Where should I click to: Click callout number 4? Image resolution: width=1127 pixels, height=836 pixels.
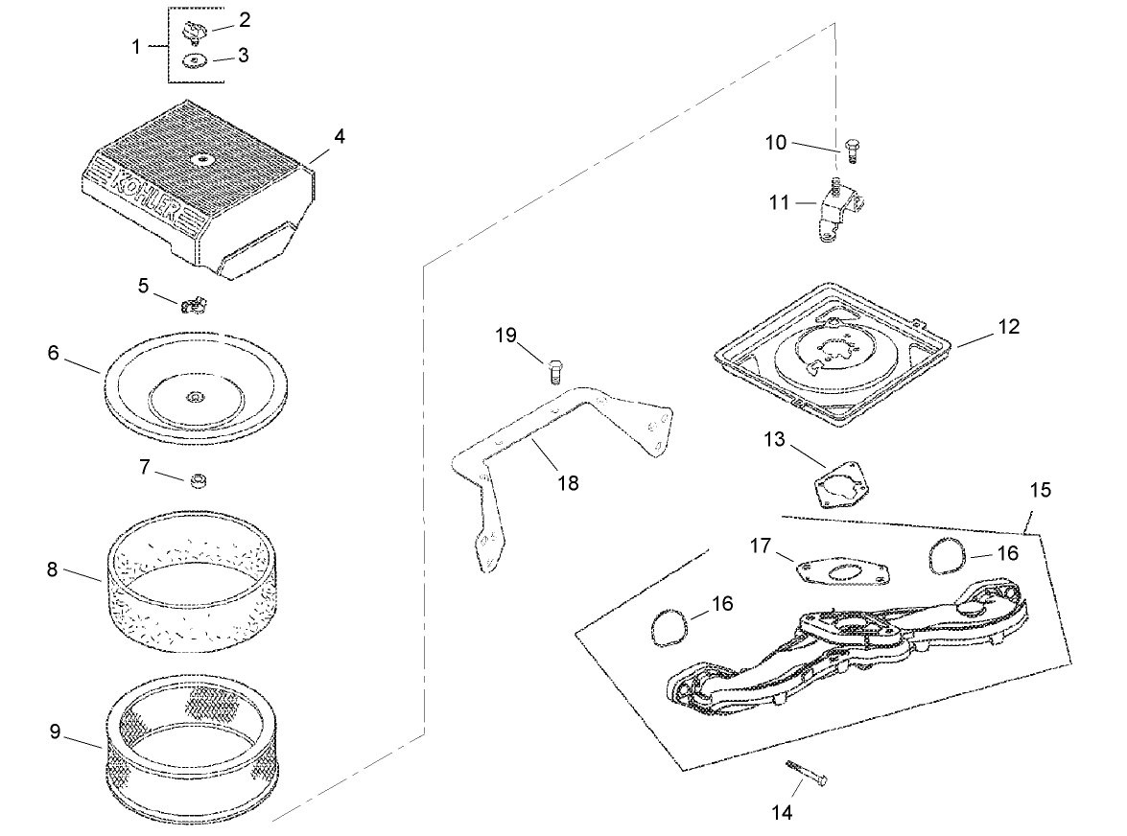(x=340, y=136)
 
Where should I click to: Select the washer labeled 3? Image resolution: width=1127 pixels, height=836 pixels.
(x=196, y=63)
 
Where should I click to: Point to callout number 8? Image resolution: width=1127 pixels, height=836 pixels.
(x=52, y=569)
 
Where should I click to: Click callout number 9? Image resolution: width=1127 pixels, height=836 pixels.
(x=55, y=731)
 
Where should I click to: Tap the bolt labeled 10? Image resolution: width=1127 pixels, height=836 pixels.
(x=852, y=149)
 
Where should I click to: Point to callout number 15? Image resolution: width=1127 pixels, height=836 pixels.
(x=1040, y=490)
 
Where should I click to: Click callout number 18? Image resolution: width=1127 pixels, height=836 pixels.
(x=568, y=483)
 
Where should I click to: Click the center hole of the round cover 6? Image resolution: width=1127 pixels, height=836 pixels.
(x=195, y=396)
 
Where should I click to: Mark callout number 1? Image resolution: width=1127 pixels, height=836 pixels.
(x=135, y=46)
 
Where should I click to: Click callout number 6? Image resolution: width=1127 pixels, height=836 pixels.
(x=53, y=353)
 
